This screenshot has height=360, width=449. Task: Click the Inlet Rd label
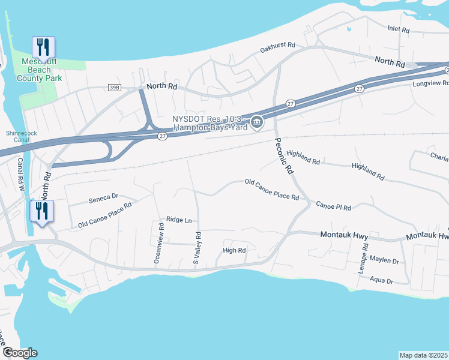pos(398,29)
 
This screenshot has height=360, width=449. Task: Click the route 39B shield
pos(115,88)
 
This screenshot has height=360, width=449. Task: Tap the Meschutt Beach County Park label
pos(40,70)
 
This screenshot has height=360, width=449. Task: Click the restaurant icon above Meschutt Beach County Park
pos(43,47)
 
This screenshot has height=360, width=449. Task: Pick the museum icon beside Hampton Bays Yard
pos(257,123)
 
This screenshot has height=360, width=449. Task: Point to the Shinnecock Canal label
pos(21,137)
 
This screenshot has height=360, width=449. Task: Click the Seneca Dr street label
pos(103,196)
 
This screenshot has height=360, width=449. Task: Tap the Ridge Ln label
pos(178,220)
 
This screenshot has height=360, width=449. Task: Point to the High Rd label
pos(234,250)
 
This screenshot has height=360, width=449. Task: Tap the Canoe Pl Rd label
pos(333,206)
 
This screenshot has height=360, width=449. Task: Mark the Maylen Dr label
pos(384,261)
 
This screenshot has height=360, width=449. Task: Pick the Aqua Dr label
pos(381,280)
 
